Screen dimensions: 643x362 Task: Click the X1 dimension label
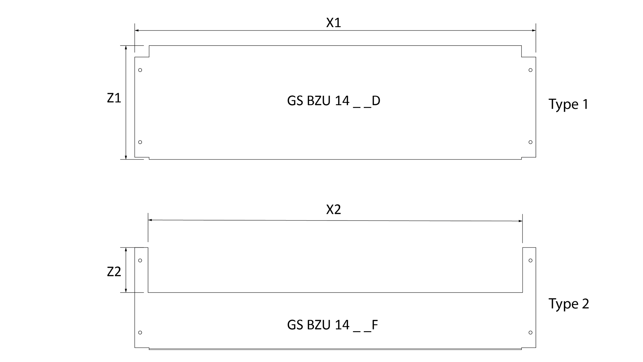(334, 23)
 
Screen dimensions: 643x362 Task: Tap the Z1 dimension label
(114, 98)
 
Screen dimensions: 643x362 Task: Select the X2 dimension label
(334, 209)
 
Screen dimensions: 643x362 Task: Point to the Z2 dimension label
(114, 272)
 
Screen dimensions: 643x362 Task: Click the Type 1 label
(568, 105)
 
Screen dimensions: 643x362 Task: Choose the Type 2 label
(569, 304)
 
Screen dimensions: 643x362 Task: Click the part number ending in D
(334, 101)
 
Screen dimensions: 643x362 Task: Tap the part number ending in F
(333, 325)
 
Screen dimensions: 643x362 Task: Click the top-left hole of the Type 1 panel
(140, 70)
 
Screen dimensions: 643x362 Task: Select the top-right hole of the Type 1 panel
(530, 70)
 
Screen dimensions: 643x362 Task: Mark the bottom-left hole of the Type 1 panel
(140, 142)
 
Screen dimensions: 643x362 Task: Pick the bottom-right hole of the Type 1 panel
(530, 142)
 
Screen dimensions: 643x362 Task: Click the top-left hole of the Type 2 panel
(140, 260)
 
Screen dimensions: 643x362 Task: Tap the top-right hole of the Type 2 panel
(530, 260)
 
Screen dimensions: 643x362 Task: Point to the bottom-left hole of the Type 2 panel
(140, 333)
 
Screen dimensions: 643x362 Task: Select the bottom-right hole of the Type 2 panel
(530, 333)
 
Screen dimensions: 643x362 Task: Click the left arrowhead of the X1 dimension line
(137, 31)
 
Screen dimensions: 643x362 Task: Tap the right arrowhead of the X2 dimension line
(520, 221)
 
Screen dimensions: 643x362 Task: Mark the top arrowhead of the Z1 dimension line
(126, 48)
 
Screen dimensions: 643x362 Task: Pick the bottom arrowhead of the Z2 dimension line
(126, 290)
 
